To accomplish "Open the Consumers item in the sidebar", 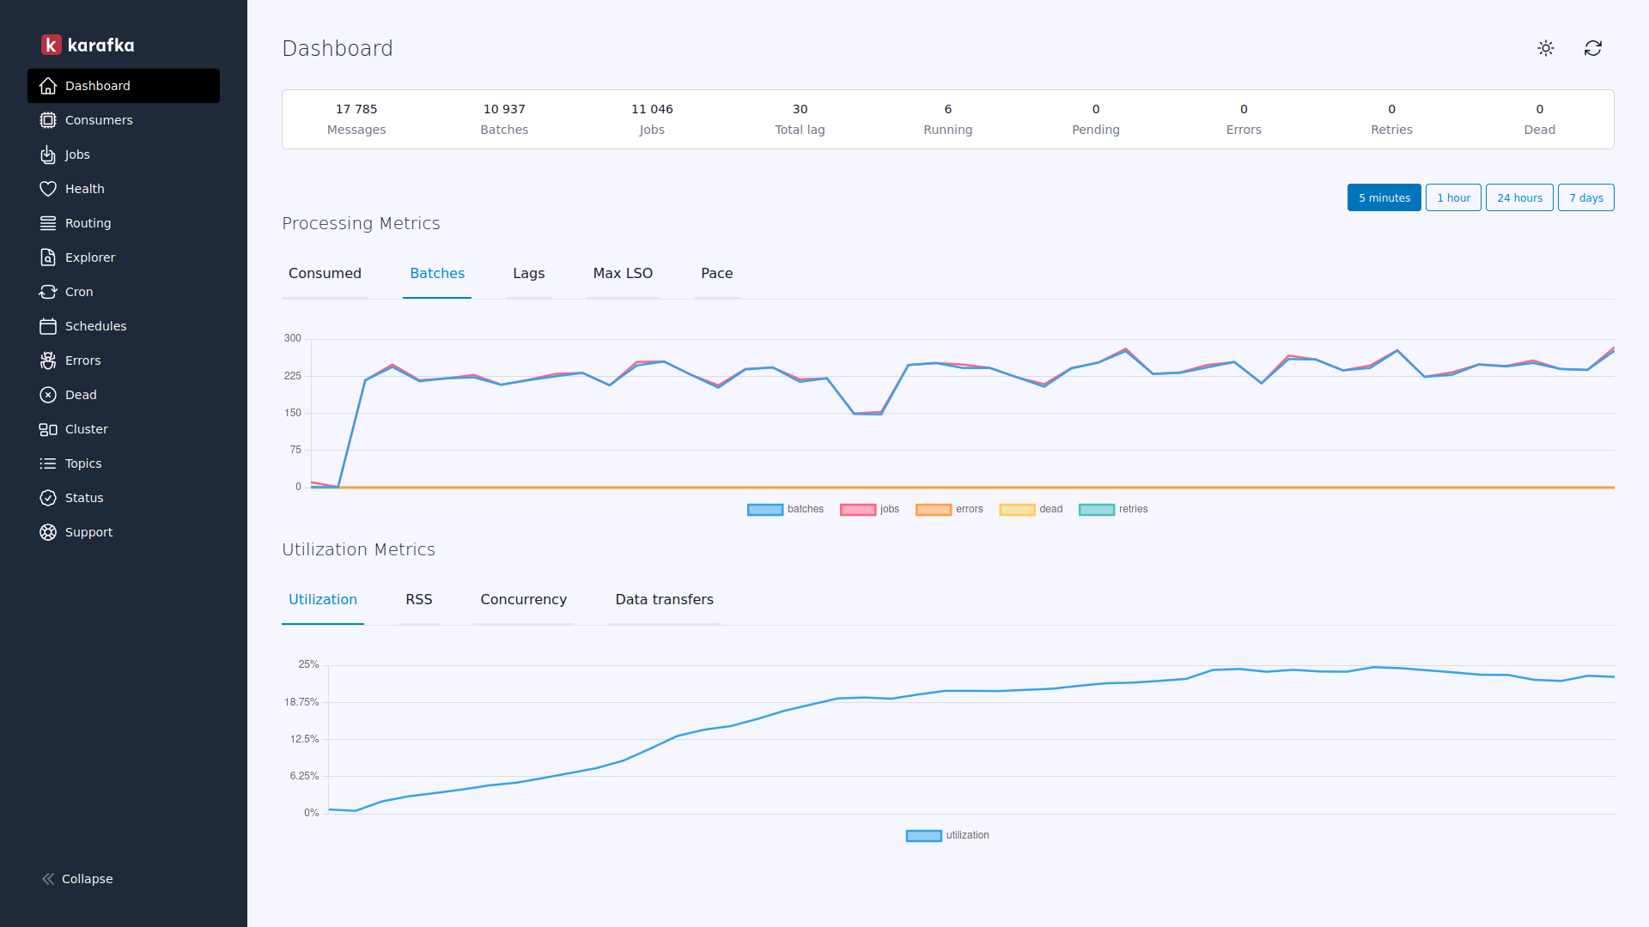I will [x=98, y=120].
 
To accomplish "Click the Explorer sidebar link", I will [x=89, y=257].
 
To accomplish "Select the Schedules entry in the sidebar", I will [x=95, y=326].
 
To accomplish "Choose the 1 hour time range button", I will [x=1453, y=197].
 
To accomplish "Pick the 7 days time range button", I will [x=1585, y=197].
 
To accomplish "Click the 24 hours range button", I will [x=1519, y=197].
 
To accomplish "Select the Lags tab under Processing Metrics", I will [x=528, y=273].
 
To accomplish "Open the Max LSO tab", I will [x=623, y=273].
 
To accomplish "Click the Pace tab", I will [x=716, y=273].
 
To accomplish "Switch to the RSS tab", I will [x=418, y=599].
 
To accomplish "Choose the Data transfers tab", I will [x=664, y=599].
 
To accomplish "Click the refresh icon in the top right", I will [x=1592, y=48].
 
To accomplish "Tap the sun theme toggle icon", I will [x=1546, y=48].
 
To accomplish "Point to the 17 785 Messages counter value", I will [x=356, y=109].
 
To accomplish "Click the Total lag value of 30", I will [x=800, y=109].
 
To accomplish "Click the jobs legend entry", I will [x=870, y=509].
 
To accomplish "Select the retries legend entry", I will [x=1113, y=509].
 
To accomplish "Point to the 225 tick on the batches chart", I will [x=293, y=376].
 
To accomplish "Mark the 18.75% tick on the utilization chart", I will [x=301, y=702].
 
